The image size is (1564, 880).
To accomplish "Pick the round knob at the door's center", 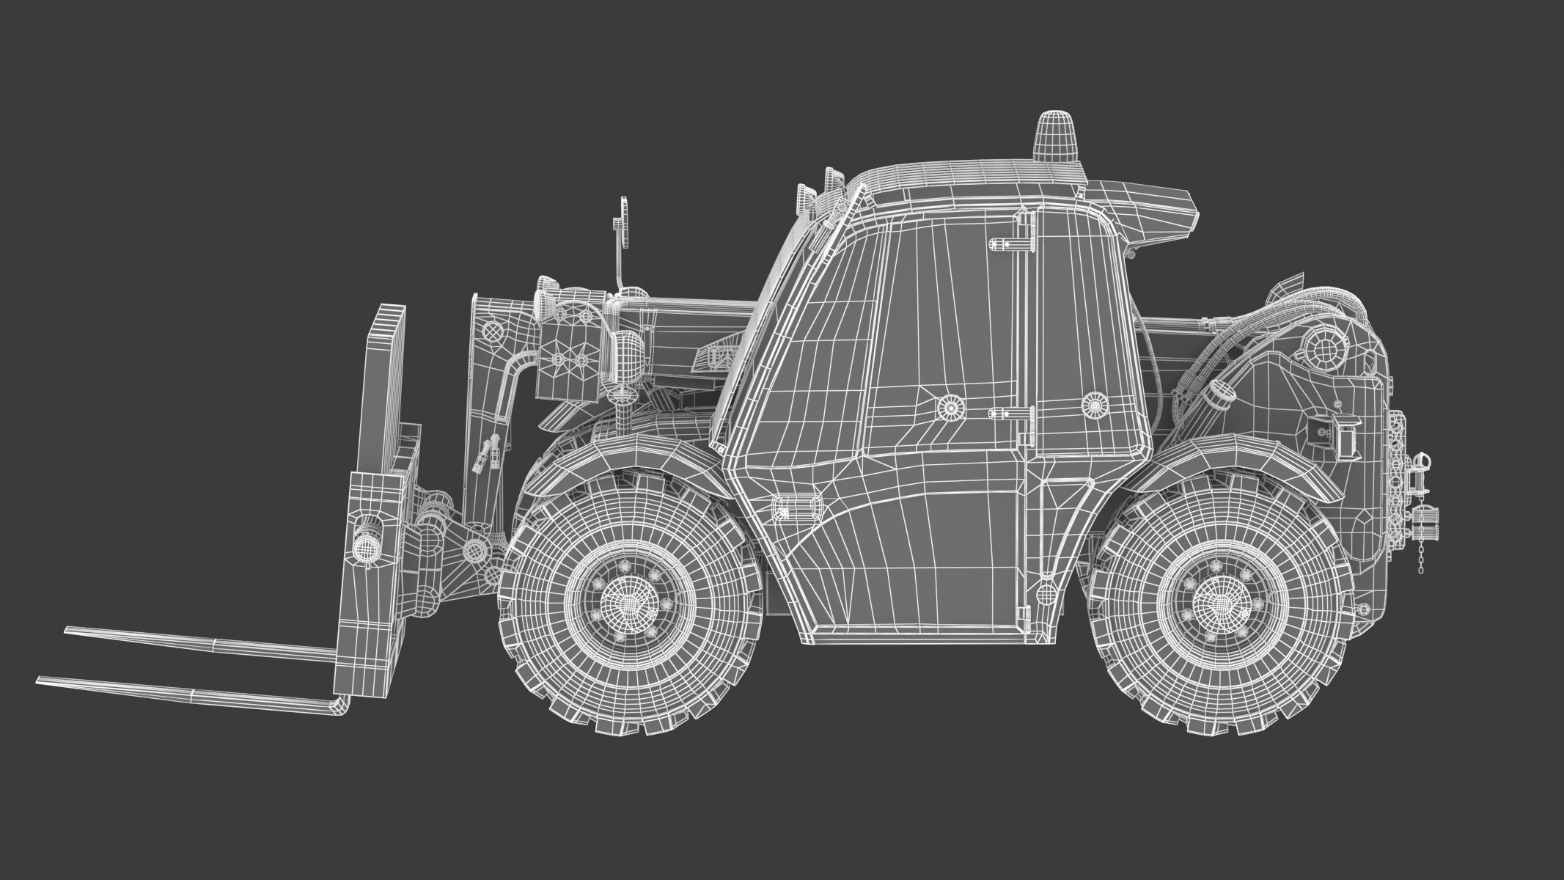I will point(951,407).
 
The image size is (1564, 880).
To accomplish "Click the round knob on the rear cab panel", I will point(1094,403).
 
